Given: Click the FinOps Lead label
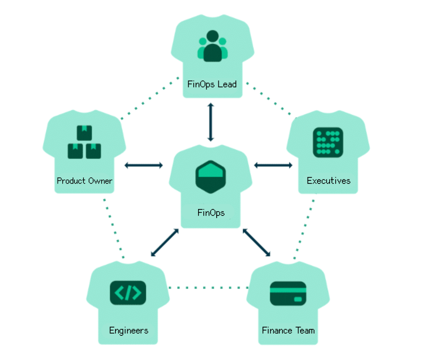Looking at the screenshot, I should tap(212, 84).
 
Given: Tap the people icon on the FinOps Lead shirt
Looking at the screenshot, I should tap(212, 46).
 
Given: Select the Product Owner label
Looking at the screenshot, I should tap(85, 180).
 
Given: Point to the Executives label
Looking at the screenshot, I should tap(328, 180).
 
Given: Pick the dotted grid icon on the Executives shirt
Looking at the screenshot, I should tap(328, 142).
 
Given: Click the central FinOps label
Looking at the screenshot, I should tap(211, 212).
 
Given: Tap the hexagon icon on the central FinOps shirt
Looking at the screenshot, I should tap(211, 177).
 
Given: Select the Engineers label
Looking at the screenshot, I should tap(128, 331).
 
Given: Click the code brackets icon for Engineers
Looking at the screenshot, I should tap(128, 293).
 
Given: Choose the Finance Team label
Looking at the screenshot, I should tap(288, 331).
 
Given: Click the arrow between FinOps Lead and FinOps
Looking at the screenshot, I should tap(211, 122).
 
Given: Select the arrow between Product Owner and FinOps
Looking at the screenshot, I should tap(144, 165).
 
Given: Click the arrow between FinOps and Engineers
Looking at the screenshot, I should tap(164, 243).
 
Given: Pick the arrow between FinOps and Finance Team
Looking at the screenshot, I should tap(256, 242).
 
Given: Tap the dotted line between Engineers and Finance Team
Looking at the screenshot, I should tap(208, 287).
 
